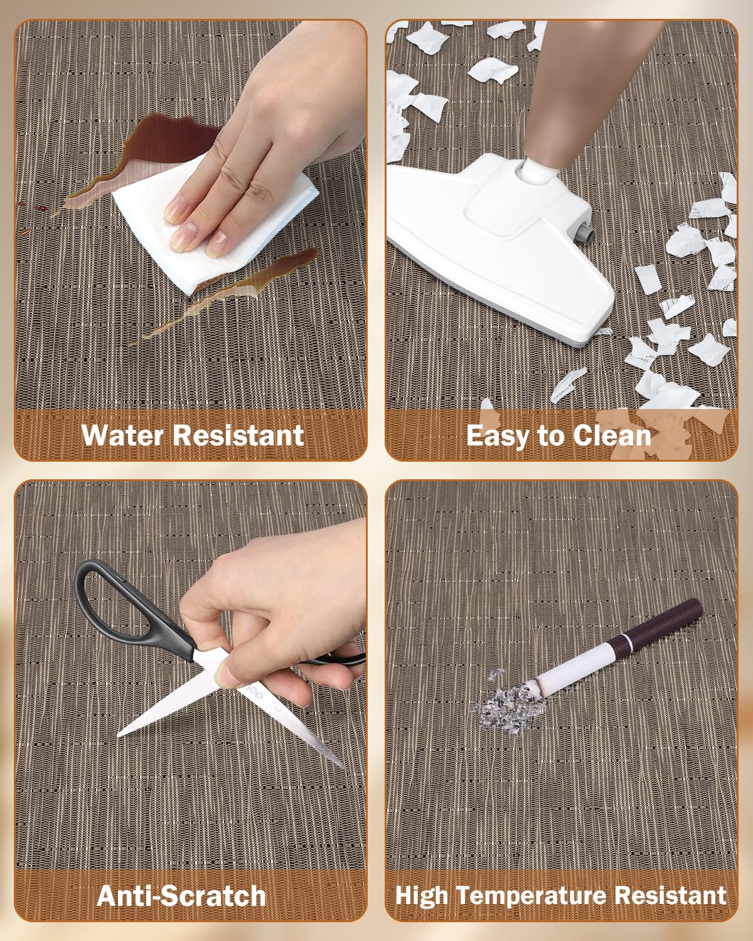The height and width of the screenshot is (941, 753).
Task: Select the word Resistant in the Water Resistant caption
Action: tap(238, 435)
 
